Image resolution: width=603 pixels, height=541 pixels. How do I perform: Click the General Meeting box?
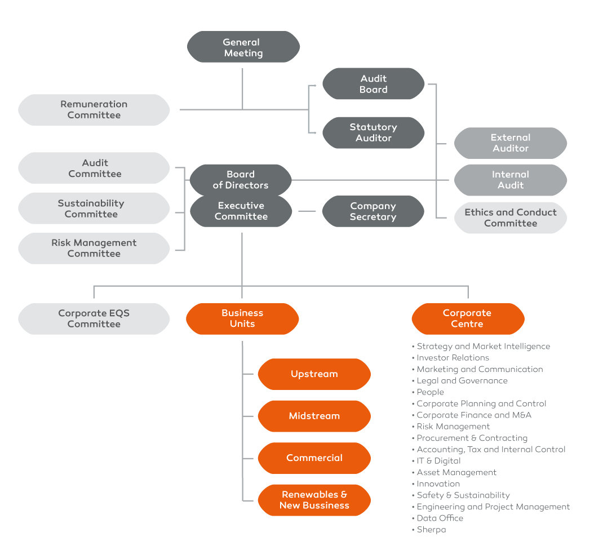243,47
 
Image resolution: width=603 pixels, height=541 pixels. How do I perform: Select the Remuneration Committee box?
94,110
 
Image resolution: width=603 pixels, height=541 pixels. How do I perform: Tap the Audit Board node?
373,84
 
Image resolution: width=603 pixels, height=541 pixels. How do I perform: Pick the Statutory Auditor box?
373,133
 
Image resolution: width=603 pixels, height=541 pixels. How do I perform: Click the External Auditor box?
510,143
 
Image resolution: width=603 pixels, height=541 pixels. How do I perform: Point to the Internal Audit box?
510,180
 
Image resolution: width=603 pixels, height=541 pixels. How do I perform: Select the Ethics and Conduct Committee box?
510,218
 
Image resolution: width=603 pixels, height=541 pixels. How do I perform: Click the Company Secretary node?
373,211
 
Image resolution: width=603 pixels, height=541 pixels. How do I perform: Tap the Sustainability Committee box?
94,209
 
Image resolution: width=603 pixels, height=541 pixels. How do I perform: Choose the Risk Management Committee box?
94,249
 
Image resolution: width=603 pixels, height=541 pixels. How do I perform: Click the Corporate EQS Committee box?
94,319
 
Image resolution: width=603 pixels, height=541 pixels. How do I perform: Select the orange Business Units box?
242,319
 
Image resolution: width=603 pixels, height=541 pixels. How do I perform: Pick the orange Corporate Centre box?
468,319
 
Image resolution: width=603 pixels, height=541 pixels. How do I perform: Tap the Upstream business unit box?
314,374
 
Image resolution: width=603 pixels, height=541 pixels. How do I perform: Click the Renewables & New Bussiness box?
314,500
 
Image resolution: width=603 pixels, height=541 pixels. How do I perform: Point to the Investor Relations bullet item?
453,358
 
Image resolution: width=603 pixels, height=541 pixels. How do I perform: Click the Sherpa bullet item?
431,530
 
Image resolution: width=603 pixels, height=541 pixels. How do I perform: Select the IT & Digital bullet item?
438,461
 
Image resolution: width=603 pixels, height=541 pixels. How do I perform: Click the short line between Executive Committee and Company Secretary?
307,211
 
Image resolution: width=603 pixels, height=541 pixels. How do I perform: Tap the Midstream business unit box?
314,416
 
